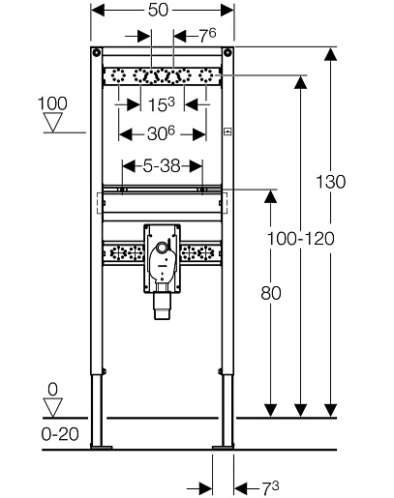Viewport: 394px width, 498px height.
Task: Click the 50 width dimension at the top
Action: point(158,10)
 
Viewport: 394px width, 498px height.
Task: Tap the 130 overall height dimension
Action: point(330,182)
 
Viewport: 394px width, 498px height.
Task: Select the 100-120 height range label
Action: point(301,239)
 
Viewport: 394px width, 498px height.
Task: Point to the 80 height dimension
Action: point(271,293)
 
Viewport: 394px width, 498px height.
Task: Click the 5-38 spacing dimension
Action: point(162,166)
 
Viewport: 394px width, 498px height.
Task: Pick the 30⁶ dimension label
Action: point(161,133)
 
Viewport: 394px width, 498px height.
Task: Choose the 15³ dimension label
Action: point(161,104)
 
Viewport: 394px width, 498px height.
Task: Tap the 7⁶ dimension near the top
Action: point(207,36)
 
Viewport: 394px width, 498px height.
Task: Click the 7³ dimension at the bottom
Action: point(270,488)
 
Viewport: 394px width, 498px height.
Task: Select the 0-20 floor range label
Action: point(60,434)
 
